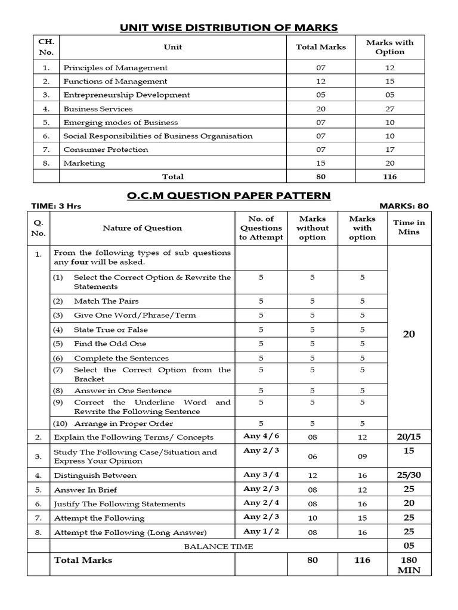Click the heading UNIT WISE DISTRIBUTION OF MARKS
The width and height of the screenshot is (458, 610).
point(229,27)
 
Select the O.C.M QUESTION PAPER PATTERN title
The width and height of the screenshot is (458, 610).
point(229,195)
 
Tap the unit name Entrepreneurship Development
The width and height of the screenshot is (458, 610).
point(126,95)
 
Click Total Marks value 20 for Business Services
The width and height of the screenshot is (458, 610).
point(321,109)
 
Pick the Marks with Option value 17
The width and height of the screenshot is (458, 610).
point(389,150)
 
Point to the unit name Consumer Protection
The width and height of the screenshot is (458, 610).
point(106,150)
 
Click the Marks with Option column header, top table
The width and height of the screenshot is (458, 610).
point(389,47)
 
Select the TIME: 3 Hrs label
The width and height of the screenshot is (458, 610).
point(56,206)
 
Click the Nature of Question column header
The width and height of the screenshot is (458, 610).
point(142,228)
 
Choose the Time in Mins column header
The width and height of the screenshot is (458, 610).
point(409,228)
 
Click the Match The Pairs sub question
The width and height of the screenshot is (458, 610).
point(106,301)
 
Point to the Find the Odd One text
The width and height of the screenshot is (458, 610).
point(110,344)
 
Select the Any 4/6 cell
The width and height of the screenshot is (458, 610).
point(261,436)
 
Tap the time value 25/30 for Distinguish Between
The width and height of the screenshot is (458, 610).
point(409,475)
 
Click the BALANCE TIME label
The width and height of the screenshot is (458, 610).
point(218,546)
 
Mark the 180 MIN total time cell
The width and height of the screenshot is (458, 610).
point(409,565)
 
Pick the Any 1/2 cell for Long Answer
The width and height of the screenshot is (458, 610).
point(261,531)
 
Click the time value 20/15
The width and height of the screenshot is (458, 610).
point(409,437)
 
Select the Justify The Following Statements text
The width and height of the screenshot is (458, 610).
point(119,504)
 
